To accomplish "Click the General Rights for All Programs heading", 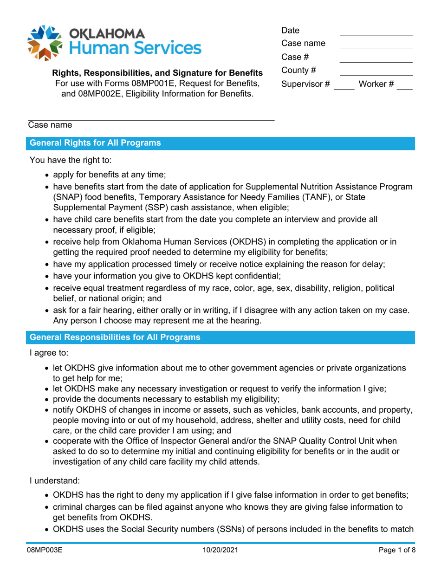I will (x=96, y=143).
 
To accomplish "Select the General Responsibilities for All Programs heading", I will (x=115, y=338).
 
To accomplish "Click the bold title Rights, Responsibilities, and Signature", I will (x=157, y=73).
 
